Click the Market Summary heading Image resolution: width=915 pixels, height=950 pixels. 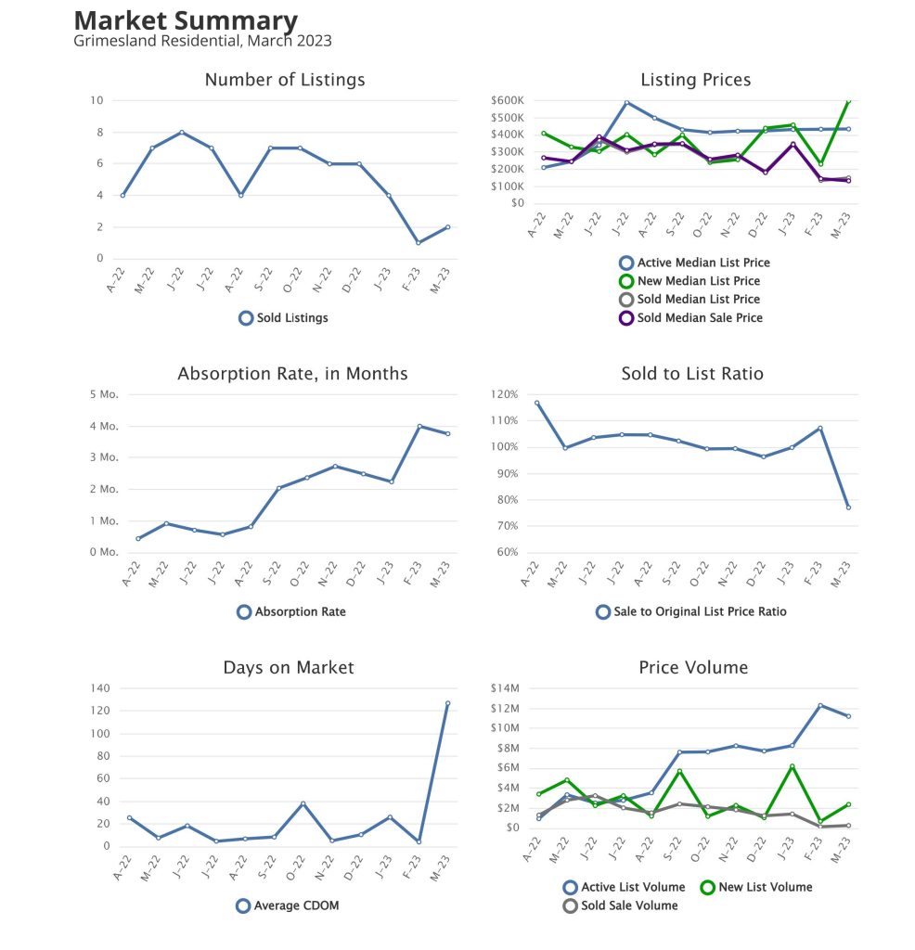[186, 20]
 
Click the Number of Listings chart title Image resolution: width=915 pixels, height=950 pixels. [285, 80]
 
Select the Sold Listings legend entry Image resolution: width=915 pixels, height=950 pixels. [284, 318]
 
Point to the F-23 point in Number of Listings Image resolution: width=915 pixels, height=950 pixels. [419, 243]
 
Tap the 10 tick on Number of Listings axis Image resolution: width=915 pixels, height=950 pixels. [97, 100]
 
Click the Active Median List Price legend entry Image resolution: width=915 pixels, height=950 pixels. [695, 263]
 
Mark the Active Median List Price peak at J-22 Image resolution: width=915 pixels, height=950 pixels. [626, 103]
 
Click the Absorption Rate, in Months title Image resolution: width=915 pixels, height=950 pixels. [292, 374]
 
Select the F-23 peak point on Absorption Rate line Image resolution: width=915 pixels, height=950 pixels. [419, 427]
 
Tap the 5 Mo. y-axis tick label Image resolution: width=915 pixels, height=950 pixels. [103, 395]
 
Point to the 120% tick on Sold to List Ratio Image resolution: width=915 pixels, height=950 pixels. [506, 394]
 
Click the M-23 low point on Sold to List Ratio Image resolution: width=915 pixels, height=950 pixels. [848, 507]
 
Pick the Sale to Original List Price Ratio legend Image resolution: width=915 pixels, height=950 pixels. [690, 612]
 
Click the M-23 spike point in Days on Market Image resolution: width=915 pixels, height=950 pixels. [447, 703]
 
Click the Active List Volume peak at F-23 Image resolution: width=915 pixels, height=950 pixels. [819, 705]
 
